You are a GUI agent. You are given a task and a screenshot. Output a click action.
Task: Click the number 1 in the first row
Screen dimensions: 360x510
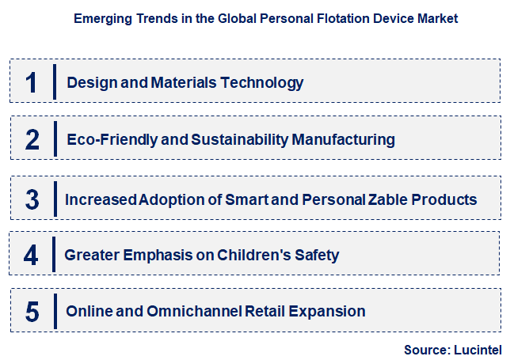(32, 81)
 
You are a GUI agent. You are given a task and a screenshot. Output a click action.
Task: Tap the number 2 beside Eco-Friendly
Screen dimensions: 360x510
(32, 139)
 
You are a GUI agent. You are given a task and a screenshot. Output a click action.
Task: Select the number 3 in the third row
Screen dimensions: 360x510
(32, 199)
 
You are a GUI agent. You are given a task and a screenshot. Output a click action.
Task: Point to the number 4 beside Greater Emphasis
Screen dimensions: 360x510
(32, 255)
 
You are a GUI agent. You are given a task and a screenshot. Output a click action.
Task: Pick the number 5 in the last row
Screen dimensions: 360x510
(32, 311)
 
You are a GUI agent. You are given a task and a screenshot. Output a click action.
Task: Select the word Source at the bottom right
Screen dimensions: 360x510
(425, 349)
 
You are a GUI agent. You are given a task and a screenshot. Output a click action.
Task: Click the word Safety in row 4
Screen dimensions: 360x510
(316, 255)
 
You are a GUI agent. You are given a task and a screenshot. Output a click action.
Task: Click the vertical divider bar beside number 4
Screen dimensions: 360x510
(54, 255)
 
